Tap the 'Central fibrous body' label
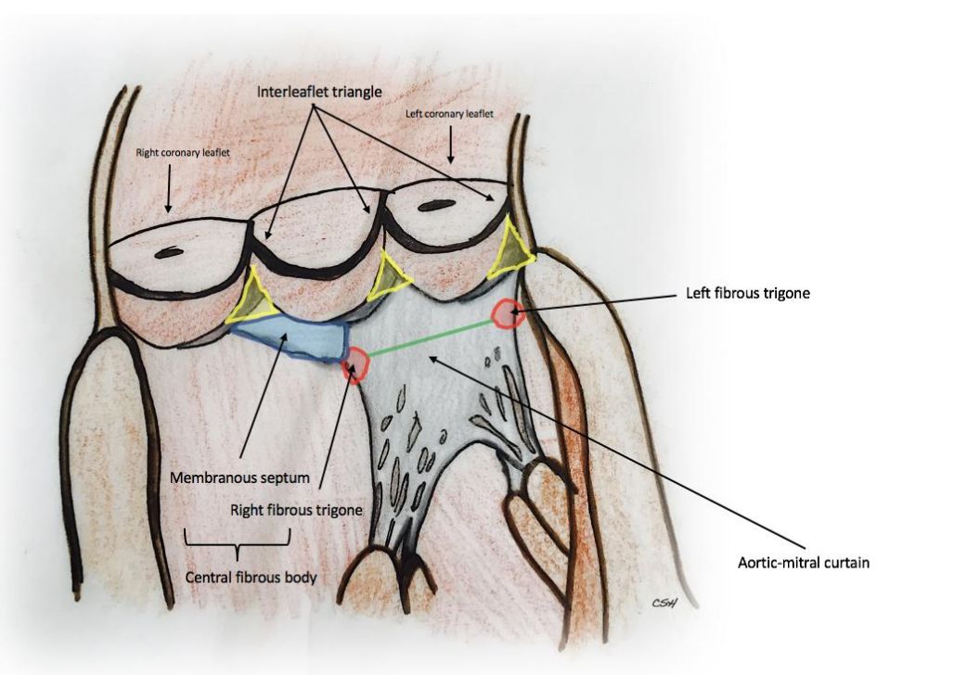(x=251, y=578)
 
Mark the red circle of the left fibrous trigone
(x=508, y=314)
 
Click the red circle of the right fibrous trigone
(x=355, y=363)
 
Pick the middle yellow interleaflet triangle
(x=388, y=278)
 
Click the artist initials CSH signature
(x=663, y=604)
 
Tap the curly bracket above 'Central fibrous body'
(x=238, y=540)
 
